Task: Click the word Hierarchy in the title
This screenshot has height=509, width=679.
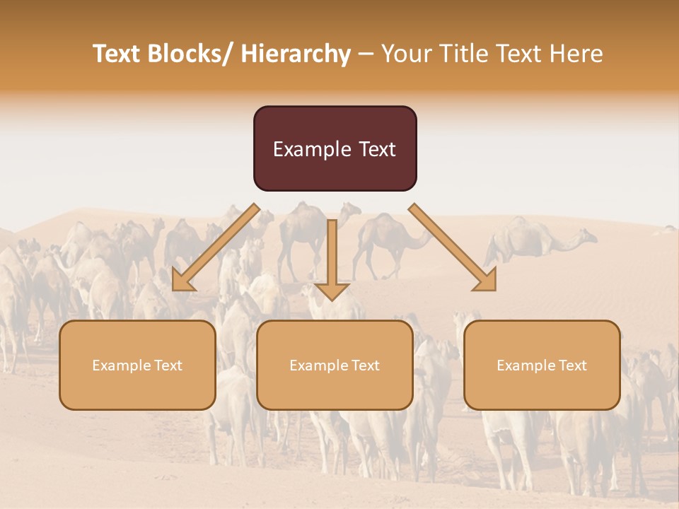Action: coord(296,54)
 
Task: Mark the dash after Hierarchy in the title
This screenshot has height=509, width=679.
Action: coord(366,54)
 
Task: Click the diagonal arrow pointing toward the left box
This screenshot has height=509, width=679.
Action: coord(216,247)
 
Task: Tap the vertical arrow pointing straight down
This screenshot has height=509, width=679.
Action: coord(332,255)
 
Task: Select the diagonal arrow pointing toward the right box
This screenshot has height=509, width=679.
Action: coord(453,247)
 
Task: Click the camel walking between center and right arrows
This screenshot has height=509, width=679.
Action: coord(385,240)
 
